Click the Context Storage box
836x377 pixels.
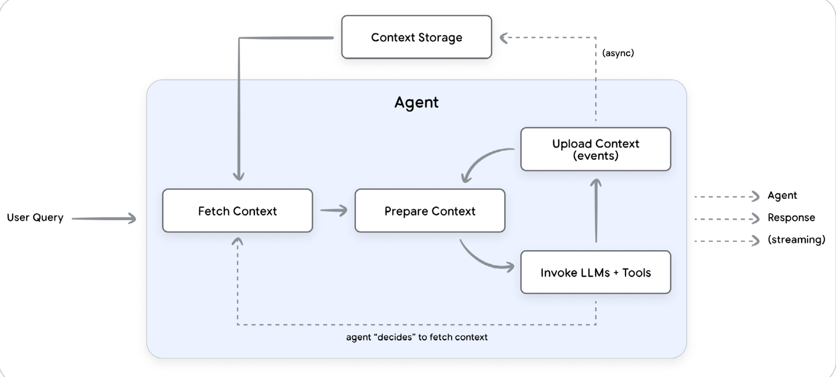tap(416, 37)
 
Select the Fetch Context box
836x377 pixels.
tap(237, 210)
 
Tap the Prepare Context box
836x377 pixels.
tap(430, 210)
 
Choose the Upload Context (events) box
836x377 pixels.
tap(596, 149)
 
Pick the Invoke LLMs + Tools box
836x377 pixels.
tap(596, 272)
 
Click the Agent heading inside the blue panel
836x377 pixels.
tap(416, 102)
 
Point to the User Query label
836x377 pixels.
tap(35, 218)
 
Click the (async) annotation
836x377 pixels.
tap(618, 53)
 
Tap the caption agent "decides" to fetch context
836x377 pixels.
tap(417, 337)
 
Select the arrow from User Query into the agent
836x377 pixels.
tap(104, 219)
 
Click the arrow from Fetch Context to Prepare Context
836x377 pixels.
tap(334, 210)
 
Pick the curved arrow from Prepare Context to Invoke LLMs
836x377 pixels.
tap(482, 261)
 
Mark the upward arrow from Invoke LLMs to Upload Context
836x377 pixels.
tap(596, 210)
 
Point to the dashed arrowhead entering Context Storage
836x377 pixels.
tap(504, 38)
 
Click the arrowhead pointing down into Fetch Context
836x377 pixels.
tap(239, 176)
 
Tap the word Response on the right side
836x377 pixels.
tap(791, 218)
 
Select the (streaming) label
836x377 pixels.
tap(797, 240)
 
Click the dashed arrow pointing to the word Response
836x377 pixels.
tap(727, 219)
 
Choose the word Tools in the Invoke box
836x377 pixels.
tap(636, 273)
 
